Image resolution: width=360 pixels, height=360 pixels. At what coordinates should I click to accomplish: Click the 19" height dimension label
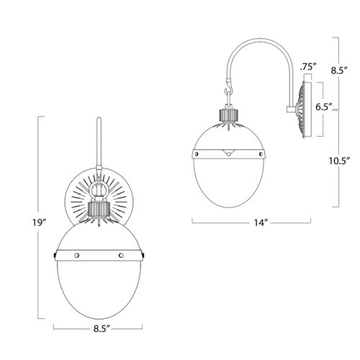pyautogui.click(x=40, y=223)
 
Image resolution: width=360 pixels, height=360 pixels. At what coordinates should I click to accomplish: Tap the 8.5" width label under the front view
pyautogui.click(x=102, y=328)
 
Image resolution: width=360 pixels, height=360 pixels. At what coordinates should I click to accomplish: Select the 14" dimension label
pyautogui.click(x=261, y=222)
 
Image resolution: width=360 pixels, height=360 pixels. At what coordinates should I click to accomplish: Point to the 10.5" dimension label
pyautogui.click(x=339, y=161)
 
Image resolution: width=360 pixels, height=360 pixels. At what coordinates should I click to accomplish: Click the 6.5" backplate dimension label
pyautogui.click(x=323, y=107)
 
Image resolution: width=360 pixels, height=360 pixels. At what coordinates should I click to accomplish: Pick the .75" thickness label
pyautogui.click(x=308, y=67)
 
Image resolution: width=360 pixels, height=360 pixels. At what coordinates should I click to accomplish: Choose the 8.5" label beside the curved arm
pyautogui.click(x=339, y=71)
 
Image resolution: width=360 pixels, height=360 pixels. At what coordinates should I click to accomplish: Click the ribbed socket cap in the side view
pyautogui.click(x=229, y=115)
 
